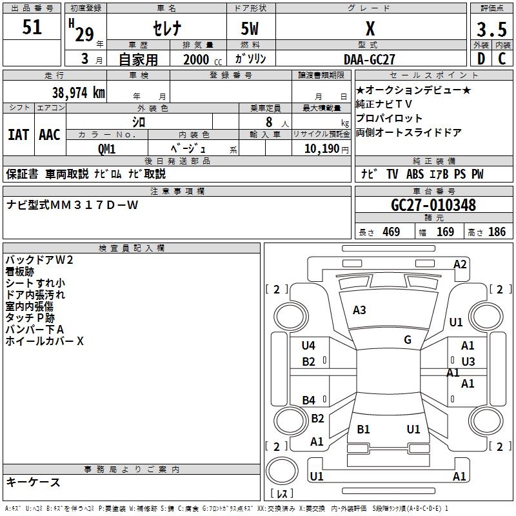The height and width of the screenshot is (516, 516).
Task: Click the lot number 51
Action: [x=32, y=28]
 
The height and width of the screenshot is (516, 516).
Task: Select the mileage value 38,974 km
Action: [x=78, y=93]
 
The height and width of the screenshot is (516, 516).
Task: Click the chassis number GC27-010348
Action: [x=433, y=205]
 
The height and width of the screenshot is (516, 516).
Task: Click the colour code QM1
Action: [x=107, y=149]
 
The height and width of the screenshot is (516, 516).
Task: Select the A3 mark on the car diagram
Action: [x=359, y=310]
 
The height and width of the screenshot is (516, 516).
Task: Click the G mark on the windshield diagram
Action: [x=407, y=340]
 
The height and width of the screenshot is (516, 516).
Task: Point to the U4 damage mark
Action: [x=308, y=346]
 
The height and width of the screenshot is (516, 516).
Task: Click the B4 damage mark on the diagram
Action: [x=309, y=401]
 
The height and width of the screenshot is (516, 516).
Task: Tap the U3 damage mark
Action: [x=468, y=362]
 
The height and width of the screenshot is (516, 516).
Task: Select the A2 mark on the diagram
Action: [x=460, y=264]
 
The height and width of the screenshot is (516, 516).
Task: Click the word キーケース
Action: [x=34, y=482]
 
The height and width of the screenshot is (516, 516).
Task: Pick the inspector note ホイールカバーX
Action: [x=45, y=341]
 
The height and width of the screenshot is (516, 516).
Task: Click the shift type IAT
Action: [x=18, y=135]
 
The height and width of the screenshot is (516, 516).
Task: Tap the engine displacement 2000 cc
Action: [x=197, y=59]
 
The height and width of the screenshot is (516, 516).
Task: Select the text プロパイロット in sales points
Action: [x=389, y=119]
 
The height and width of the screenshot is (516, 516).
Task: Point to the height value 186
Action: [x=497, y=232]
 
